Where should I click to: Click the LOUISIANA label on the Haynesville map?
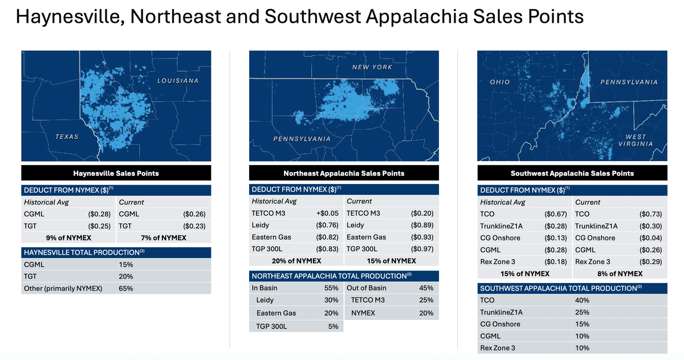(178, 81)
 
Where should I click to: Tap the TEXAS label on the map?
(67, 137)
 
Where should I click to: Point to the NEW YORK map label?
(372, 67)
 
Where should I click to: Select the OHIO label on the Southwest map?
(500, 83)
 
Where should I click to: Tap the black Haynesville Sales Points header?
(116, 173)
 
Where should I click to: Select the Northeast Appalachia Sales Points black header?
(344, 173)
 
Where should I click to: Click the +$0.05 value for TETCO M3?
(327, 213)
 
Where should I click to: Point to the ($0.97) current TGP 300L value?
(422, 249)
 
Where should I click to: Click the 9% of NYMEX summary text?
(68, 238)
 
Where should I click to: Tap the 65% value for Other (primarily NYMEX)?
(126, 288)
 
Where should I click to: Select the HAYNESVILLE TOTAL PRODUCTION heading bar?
(116, 252)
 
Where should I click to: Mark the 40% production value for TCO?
(583, 300)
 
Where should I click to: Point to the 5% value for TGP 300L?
(333, 326)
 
